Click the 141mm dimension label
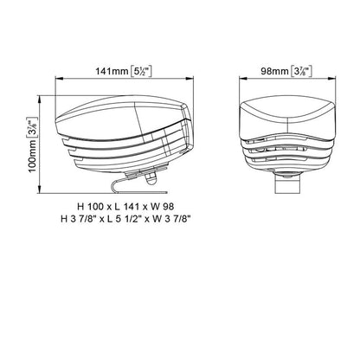112,71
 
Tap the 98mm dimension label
274,71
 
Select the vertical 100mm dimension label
32,157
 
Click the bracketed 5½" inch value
141,71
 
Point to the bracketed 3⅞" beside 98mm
301,71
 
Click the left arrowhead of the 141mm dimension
58,78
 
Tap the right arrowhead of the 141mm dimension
190,78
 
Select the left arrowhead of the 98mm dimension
241,78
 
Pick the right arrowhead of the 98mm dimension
332,78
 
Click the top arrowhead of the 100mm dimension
39,99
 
